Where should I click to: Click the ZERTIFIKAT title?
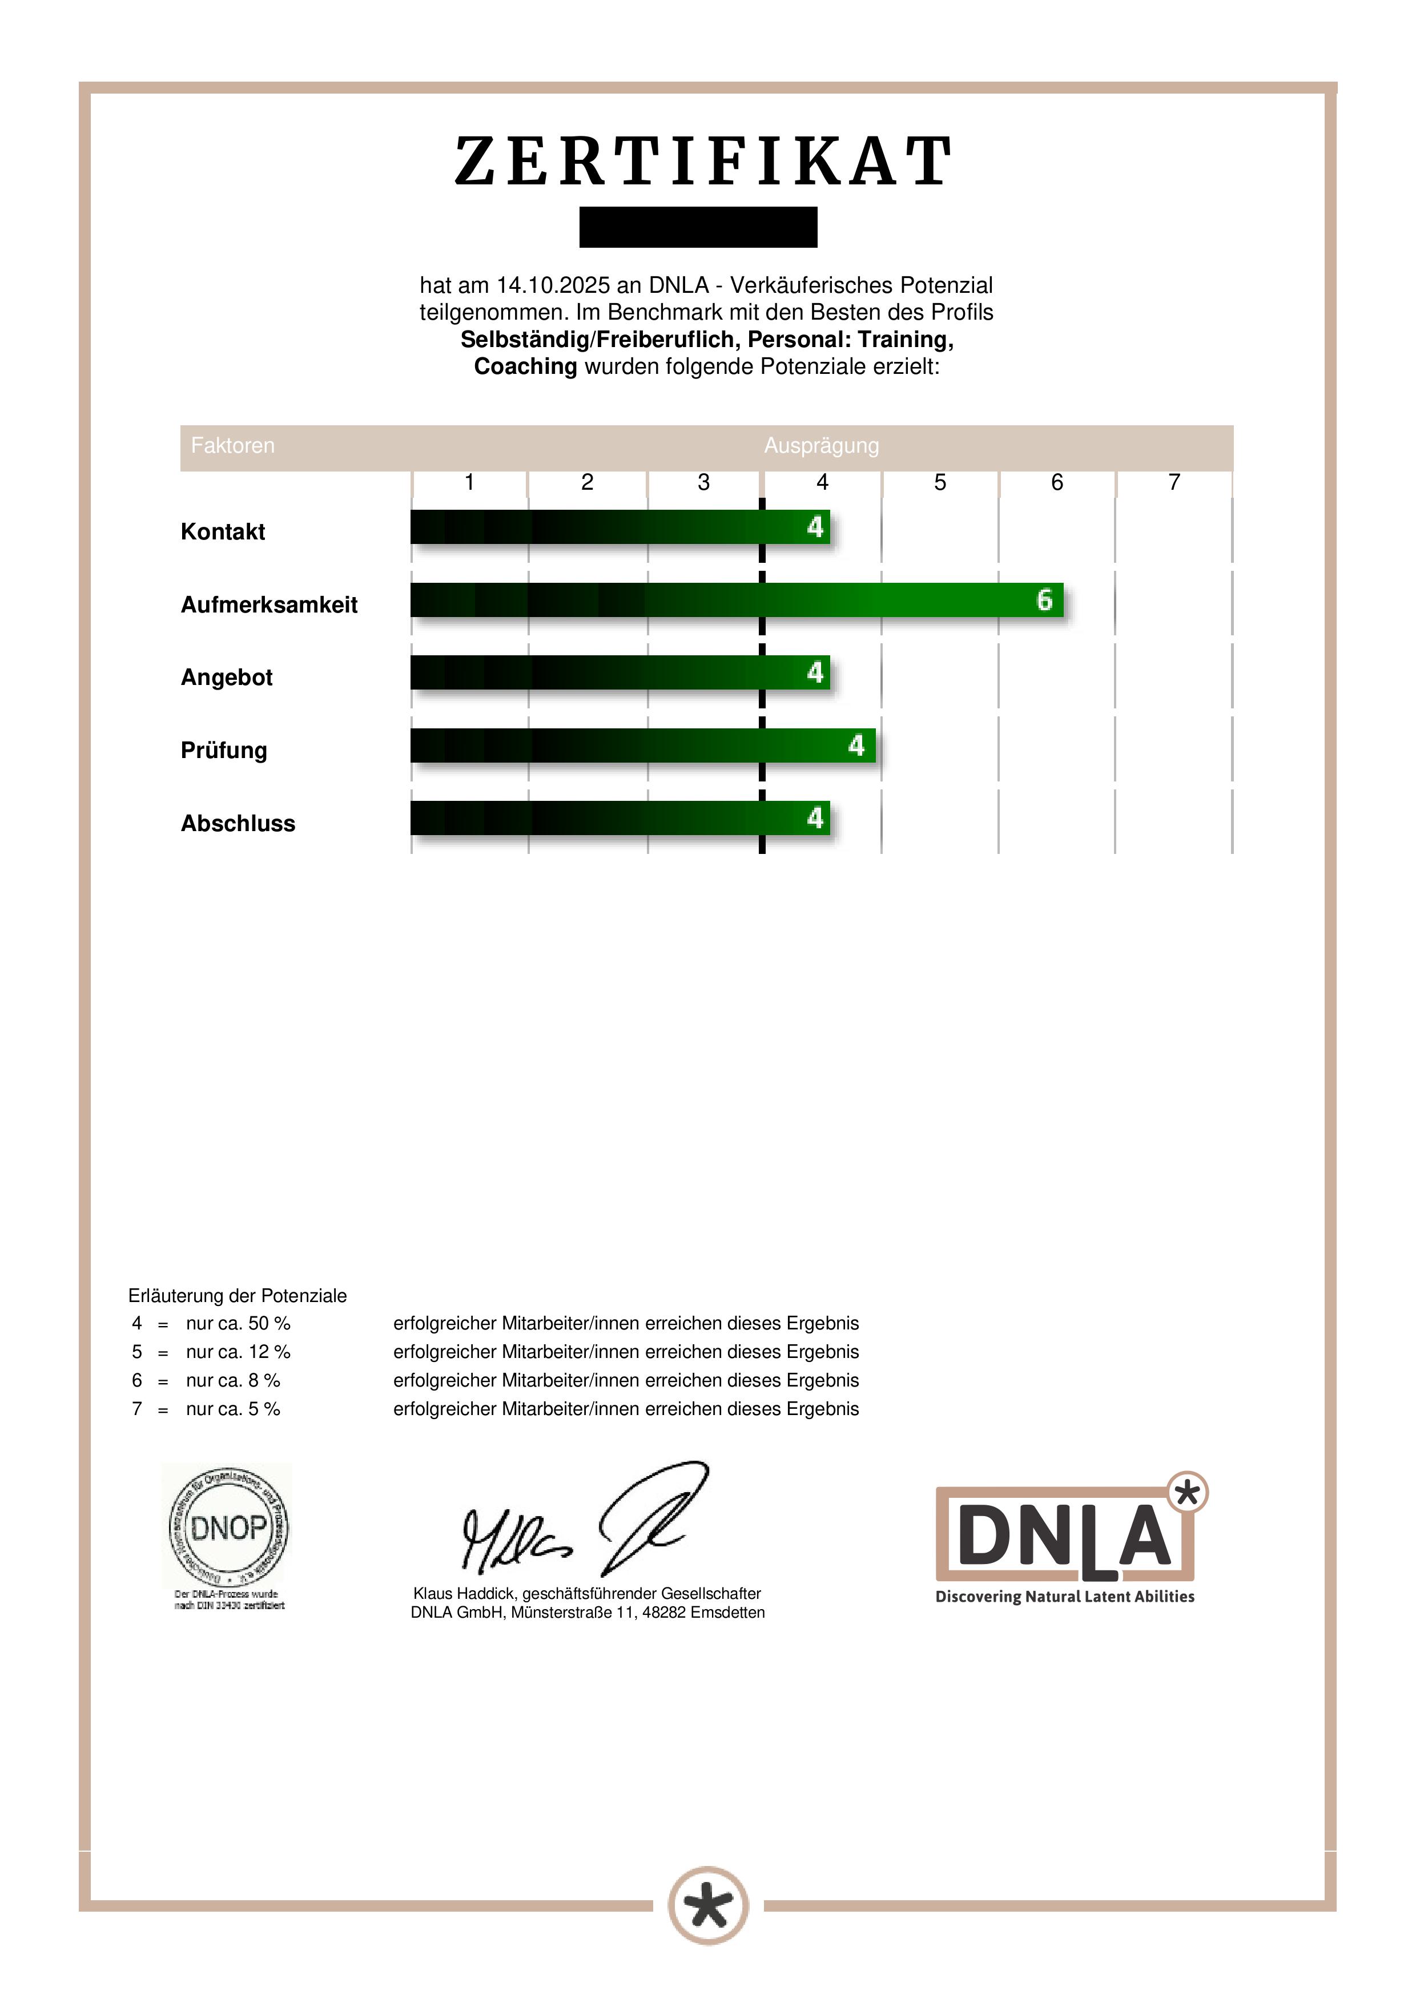pyautogui.click(x=703, y=162)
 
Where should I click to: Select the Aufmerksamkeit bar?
pyautogui.click(x=737, y=600)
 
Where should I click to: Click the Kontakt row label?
pyautogui.click(x=223, y=531)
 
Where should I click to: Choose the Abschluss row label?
pyautogui.click(x=238, y=824)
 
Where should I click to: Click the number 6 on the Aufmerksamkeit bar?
pyautogui.click(x=1044, y=600)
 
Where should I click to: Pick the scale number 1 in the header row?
pyautogui.click(x=469, y=482)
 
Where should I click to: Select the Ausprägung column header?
pyautogui.click(x=821, y=446)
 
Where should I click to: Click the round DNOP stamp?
pyautogui.click(x=228, y=1528)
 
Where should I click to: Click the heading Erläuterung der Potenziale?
pyautogui.click(x=238, y=1296)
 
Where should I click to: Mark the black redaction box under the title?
pyautogui.click(x=698, y=227)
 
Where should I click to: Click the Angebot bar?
pyautogui.click(x=619, y=672)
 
